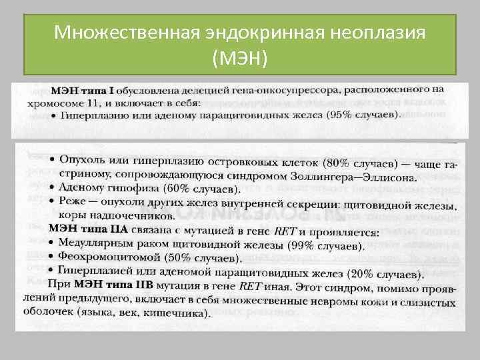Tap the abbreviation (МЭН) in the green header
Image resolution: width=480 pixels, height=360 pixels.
(x=240, y=59)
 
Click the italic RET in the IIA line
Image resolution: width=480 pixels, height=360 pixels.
(x=285, y=231)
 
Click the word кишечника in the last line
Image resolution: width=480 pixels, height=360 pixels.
(x=179, y=313)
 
